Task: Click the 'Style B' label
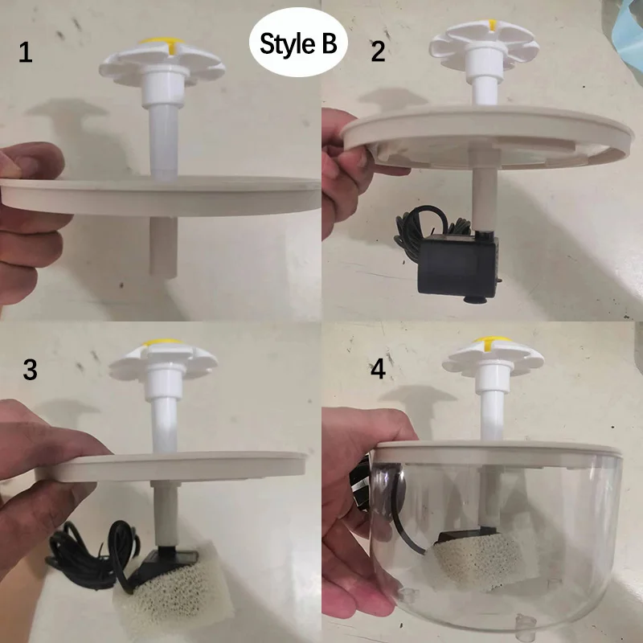(298, 45)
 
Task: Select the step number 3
(30, 370)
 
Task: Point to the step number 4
(377, 373)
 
